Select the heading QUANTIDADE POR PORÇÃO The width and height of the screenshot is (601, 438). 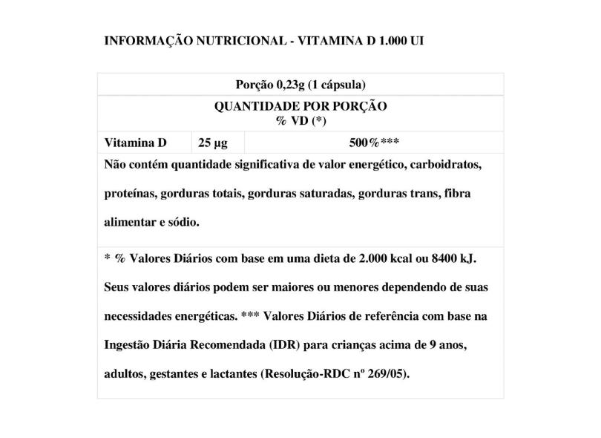[300, 107]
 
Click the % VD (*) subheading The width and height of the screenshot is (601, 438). [300, 120]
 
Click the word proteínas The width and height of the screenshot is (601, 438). [131, 194]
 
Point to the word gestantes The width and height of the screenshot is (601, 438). [177, 373]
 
